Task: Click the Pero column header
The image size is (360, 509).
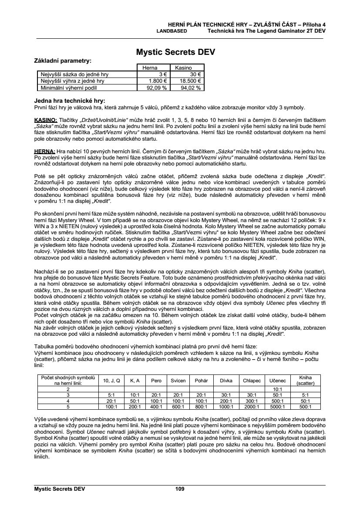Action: click(156, 380)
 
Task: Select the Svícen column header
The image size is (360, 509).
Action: click(178, 380)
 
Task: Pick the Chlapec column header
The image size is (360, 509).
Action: click(252, 380)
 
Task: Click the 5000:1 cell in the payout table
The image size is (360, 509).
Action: click(275, 407)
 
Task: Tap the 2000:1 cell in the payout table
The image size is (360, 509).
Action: click(252, 407)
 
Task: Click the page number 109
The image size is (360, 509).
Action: click(180, 489)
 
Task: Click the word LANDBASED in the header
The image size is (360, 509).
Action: click(172, 31)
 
